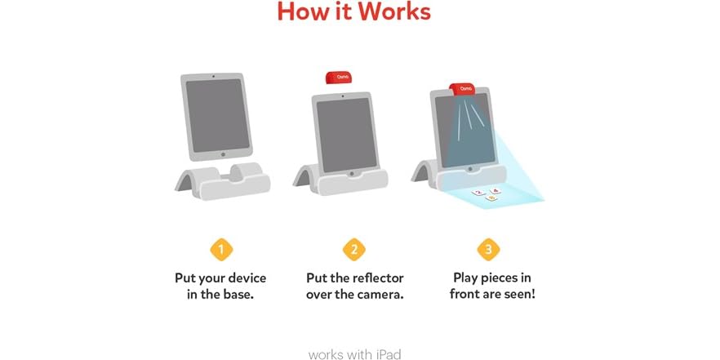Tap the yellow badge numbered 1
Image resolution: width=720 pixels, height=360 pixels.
[220, 249]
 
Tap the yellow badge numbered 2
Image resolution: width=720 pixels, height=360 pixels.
[354, 249]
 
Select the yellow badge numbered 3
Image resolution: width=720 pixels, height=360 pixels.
[488, 249]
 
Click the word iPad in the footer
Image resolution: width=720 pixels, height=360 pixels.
[386, 332]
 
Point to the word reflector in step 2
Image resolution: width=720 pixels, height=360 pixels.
[373, 278]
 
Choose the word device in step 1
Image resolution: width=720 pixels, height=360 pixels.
[247, 278]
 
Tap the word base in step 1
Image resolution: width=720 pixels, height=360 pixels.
[238, 294]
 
